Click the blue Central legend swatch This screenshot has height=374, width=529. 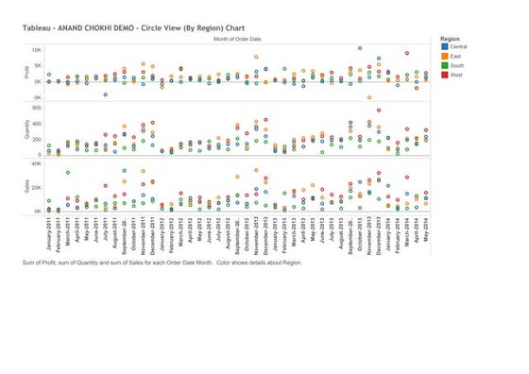point(444,46)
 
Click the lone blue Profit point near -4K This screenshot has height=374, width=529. point(105,94)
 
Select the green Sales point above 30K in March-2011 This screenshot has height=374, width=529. point(67,173)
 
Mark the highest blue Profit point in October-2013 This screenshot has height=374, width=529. point(360,48)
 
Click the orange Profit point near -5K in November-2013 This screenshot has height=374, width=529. point(369,97)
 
